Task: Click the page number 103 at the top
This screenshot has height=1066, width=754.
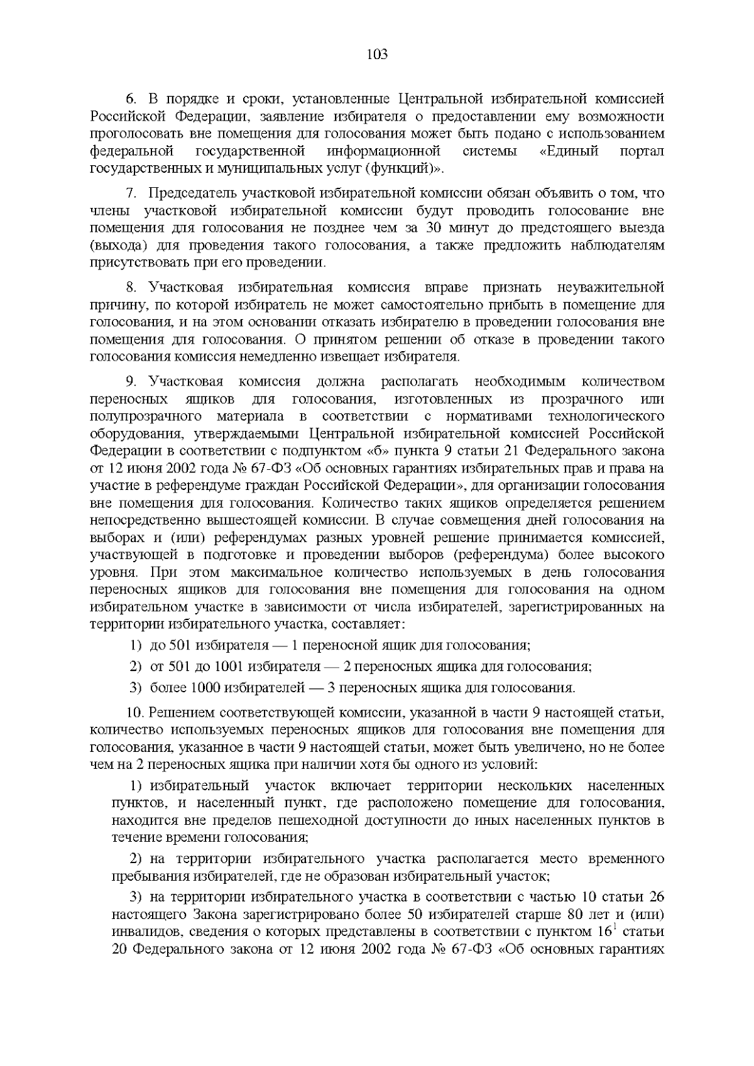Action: point(376,55)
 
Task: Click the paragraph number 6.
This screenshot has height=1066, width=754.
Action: point(131,99)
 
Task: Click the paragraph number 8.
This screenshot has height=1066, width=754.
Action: point(131,288)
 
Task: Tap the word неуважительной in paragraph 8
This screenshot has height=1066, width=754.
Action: point(610,288)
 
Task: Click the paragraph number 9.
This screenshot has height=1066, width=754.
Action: point(131,382)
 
